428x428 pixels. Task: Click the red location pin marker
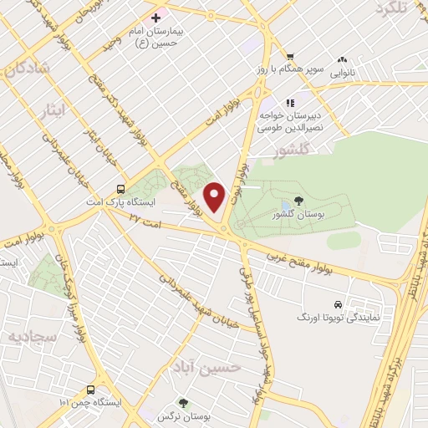pyautogui.click(x=216, y=196)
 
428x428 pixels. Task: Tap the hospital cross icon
pyautogui.click(x=155, y=17)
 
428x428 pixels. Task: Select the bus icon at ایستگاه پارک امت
pyautogui.click(x=121, y=189)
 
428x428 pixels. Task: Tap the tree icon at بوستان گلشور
pyautogui.click(x=298, y=200)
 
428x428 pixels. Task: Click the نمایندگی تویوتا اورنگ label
pyautogui.click(x=330, y=318)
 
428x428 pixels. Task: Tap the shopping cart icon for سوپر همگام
pyautogui.click(x=289, y=57)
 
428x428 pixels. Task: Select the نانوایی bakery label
pyautogui.click(x=342, y=73)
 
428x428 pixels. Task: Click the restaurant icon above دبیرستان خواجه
pyautogui.click(x=289, y=103)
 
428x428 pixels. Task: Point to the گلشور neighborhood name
pyautogui.click(x=291, y=150)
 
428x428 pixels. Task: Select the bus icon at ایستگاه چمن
pyautogui.click(x=89, y=389)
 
